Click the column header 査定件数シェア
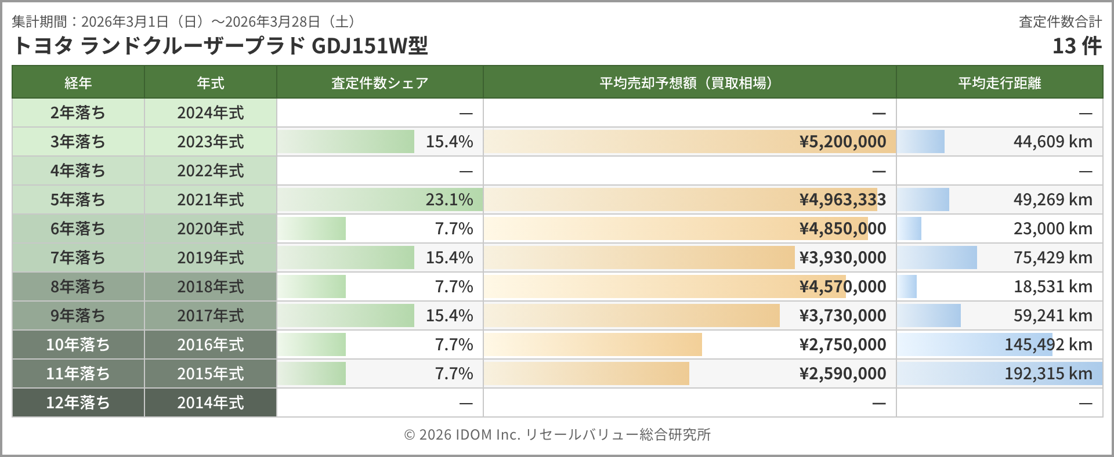click(x=379, y=83)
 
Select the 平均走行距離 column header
click(x=999, y=83)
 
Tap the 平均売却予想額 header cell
click(x=689, y=83)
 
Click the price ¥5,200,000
click(x=842, y=142)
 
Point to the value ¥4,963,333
click(x=842, y=200)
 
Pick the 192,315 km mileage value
click(x=1048, y=373)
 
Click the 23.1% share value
click(x=449, y=200)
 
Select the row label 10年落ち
click(x=78, y=344)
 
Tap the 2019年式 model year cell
click(x=210, y=257)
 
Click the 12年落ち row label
click(x=78, y=402)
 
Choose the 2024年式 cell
click(x=210, y=113)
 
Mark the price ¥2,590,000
click(x=842, y=373)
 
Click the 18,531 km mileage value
click(x=1052, y=286)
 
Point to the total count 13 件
click(x=1077, y=46)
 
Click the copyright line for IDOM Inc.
click(x=557, y=434)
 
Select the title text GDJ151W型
click(x=370, y=46)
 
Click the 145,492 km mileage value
click(x=1048, y=344)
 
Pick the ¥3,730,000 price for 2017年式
click(x=842, y=315)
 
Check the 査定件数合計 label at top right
click(x=1060, y=21)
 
